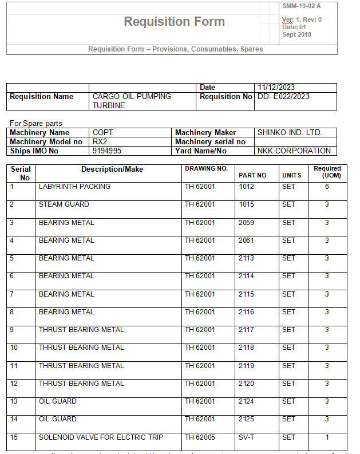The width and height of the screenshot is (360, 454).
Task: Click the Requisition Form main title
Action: [174, 22]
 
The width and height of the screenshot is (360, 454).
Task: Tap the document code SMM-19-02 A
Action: [302, 6]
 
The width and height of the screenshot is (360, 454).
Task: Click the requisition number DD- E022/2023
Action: [283, 97]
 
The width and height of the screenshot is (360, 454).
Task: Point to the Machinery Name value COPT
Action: [103, 133]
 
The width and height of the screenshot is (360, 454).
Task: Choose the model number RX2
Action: [100, 142]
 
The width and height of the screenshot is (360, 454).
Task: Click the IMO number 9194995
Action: [107, 151]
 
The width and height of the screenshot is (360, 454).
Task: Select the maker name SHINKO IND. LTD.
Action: [290, 133]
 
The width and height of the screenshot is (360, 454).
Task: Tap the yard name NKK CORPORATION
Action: [294, 151]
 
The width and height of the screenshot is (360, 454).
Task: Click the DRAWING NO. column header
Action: [206, 169]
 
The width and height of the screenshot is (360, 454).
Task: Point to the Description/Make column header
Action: [112, 169]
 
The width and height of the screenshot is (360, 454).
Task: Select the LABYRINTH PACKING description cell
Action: [74, 187]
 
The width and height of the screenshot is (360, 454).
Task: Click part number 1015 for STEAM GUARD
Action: [246, 204]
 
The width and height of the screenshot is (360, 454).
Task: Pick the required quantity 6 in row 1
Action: [327, 187]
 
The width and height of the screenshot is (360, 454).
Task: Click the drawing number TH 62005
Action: [200, 437]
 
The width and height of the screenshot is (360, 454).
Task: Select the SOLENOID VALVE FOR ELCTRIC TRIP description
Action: [101, 437]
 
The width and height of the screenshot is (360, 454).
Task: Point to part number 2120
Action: [246, 384]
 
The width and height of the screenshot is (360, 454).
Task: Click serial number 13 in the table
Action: [14, 401]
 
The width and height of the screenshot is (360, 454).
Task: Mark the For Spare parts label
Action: [36, 124]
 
